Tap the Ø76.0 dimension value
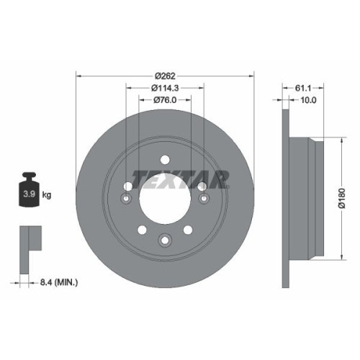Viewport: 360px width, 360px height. (165, 101)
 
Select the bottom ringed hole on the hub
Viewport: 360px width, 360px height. (165, 240)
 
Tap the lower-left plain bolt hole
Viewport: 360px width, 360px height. (143, 230)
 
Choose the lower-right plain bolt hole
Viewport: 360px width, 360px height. (187, 230)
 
